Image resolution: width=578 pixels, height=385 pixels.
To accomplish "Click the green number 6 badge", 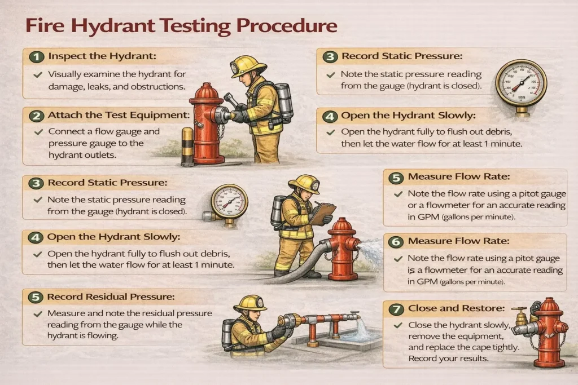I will point(396,241).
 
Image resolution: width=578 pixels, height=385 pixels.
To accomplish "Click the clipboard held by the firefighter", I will point(322,213).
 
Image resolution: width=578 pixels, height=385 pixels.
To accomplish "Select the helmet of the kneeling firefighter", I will point(250,303).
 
